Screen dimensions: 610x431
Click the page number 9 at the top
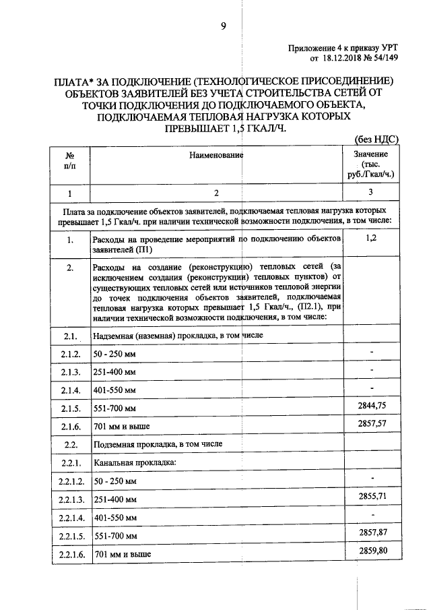pos(223,26)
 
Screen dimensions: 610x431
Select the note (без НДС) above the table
pos(377,140)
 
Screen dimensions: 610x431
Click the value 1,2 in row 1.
pos(371,238)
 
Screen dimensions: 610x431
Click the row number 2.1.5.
pos(70,409)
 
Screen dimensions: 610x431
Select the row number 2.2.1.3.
pos(70,500)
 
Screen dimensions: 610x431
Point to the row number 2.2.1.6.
pos(70,555)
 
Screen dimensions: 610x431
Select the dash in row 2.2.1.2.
pos(371,478)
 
